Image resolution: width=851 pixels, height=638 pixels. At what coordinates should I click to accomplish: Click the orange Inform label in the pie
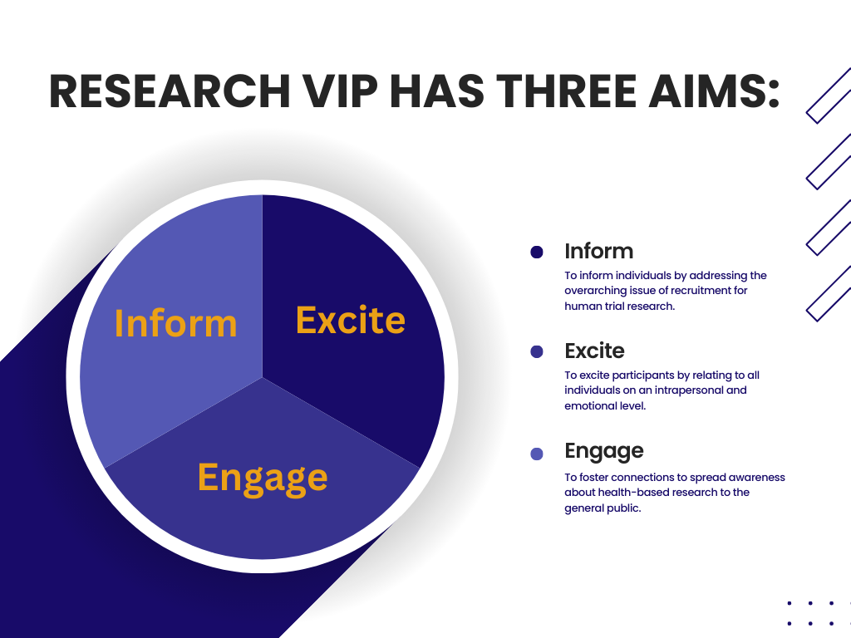[x=175, y=323]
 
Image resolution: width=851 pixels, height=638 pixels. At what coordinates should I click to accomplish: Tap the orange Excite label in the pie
[x=350, y=320]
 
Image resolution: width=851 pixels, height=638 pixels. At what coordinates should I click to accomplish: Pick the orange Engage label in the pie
[x=263, y=478]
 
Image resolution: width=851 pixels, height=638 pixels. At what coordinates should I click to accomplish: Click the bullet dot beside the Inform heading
[x=536, y=252]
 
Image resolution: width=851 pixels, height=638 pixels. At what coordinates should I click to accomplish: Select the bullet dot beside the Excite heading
[x=536, y=351]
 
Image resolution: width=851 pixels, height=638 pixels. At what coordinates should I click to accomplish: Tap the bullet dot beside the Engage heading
[x=536, y=454]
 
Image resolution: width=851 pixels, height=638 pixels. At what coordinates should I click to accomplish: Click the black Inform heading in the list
[x=598, y=251]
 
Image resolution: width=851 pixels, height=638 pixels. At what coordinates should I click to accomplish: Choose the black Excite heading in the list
[x=594, y=351]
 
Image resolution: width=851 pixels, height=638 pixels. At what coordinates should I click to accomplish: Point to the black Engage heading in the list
[x=603, y=451]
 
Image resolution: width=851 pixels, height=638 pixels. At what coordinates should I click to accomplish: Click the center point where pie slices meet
[x=263, y=377]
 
